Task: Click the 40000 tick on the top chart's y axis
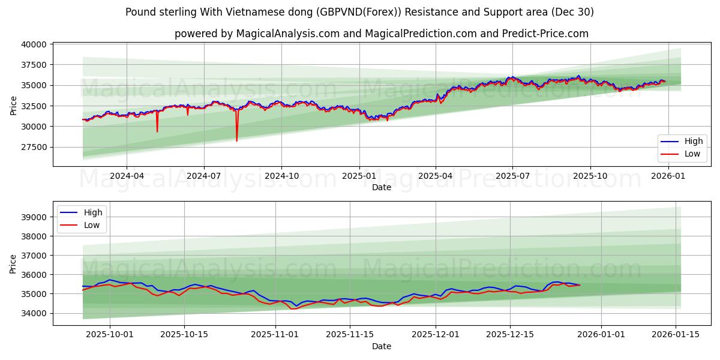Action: click(34, 44)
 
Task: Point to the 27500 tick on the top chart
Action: click(34, 147)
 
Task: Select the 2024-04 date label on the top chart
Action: click(126, 176)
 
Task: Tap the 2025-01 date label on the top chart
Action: click(359, 176)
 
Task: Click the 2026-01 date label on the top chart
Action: click(668, 176)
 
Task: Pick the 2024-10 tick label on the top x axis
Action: click(281, 176)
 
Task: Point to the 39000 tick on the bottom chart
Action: click(34, 217)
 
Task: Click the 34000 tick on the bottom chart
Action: click(34, 313)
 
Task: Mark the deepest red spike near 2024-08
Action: click(236, 140)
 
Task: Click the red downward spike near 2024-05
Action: click(157, 131)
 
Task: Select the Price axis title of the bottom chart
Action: click(14, 263)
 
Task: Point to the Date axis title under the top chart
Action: click(382, 187)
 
